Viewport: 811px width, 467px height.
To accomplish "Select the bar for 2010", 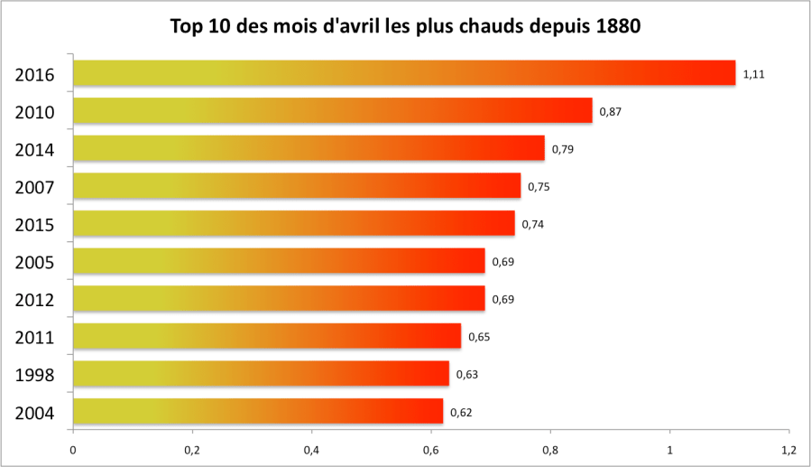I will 332,110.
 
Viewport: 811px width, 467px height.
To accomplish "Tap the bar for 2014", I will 308,148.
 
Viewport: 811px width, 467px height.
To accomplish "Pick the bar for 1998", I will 260,374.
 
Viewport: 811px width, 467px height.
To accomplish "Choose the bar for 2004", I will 257,412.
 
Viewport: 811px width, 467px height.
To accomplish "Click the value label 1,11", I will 753,74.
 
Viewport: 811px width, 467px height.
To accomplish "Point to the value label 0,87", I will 610,111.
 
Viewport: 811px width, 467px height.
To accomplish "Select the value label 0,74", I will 532,224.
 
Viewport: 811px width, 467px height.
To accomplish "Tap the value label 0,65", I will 479,337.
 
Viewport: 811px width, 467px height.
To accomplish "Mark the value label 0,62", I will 461,413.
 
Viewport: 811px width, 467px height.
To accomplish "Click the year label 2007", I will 35,187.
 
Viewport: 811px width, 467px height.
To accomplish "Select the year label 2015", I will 35,225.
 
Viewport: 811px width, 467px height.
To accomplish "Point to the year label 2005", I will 35,263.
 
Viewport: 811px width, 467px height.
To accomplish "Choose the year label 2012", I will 35,300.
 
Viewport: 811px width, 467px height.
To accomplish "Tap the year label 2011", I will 35,338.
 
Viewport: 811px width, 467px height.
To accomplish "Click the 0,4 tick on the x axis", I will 311,449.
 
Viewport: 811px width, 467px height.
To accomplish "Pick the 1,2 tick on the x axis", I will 788,449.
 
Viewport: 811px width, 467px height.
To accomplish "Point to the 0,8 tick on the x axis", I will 550,449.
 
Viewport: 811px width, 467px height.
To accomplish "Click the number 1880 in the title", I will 618,26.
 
